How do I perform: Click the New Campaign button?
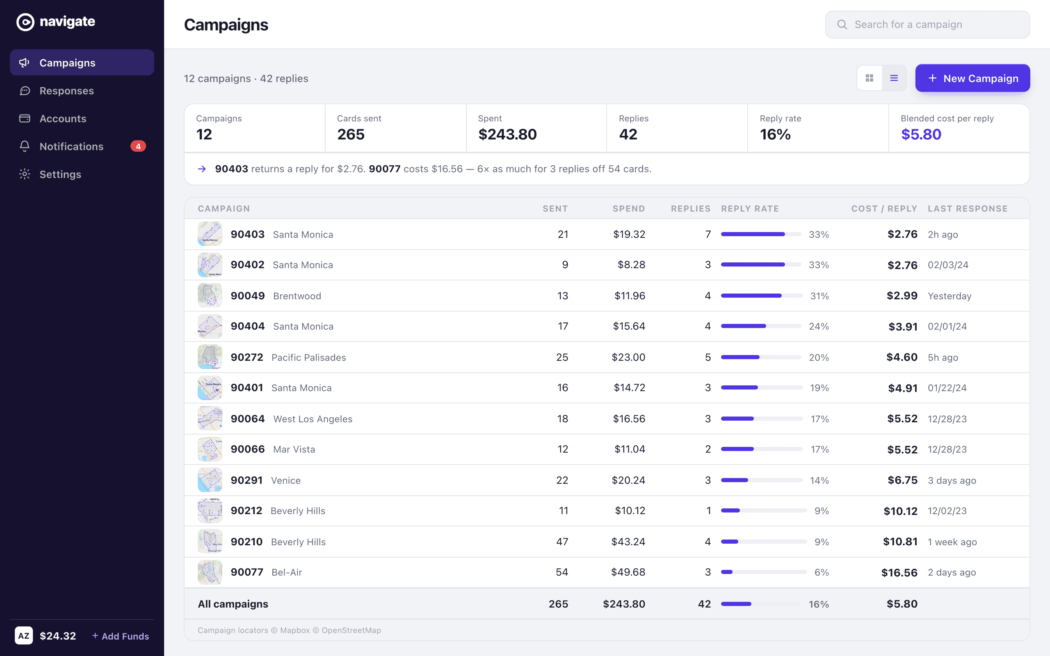tap(972, 78)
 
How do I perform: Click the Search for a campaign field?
tap(927, 25)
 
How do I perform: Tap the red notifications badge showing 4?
tap(138, 146)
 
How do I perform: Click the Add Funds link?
tap(121, 636)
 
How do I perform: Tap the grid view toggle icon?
tap(870, 78)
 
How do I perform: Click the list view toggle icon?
tap(894, 78)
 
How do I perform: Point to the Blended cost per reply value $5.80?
tap(921, 134)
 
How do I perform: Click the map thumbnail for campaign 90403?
tap(210, 234)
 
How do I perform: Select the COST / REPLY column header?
tap(884, 209)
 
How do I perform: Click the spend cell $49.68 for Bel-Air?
tap(628, 572)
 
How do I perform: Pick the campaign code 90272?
tap(247, 357)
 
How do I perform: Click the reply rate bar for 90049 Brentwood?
tap(762, 296)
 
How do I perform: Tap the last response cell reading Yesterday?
tap(950, 296)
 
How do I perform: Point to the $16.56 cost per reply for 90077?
tap(899, 572)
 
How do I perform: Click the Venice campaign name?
tap(286, 480)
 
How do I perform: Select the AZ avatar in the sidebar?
tap(24, 635)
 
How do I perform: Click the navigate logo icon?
tap(25, 22)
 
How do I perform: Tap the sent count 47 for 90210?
tap(562, 542)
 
